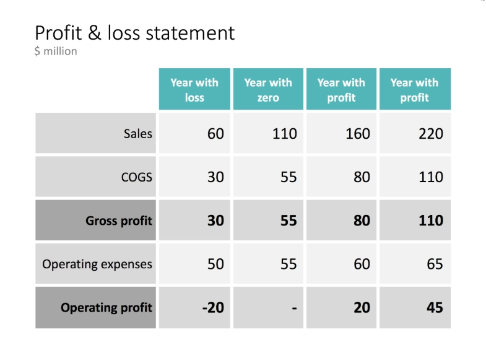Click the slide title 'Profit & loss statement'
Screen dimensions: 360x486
[134, 33]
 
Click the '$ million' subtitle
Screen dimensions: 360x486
[56, 51]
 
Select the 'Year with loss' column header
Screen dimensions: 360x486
[194, 90]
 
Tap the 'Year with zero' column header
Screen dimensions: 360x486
[267, 90]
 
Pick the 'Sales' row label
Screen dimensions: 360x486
[137, 133]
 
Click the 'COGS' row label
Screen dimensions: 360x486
[137, 177]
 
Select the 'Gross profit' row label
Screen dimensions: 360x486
[119, 221]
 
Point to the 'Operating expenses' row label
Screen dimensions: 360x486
[97, 264]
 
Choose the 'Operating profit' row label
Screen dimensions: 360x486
[106, 307]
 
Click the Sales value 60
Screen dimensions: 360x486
[215, 133]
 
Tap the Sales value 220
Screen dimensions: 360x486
[430, 133]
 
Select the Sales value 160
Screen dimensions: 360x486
[357, 133]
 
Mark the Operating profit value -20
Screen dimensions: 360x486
[213, 307]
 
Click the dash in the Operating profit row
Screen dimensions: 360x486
[294, 308]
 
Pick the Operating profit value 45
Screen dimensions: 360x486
[435, 307]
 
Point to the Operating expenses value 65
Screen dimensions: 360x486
[435, 264]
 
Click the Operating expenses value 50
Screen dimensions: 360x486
[215, 264]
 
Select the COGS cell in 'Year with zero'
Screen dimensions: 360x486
[288, 177]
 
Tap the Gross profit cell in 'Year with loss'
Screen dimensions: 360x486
[215, 221]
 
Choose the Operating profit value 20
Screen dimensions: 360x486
[362, 307]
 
